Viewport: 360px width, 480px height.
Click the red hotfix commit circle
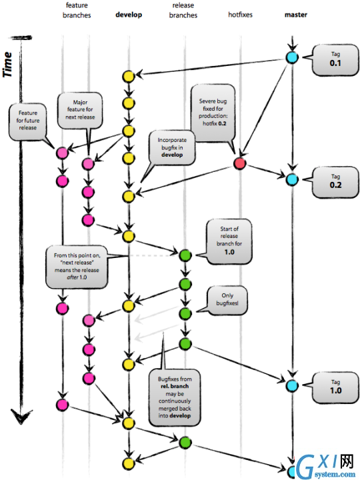(x=240, y=163)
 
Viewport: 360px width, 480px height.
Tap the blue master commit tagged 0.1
(x=292, y=57)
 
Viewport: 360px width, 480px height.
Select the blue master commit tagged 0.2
(x=292, y=179)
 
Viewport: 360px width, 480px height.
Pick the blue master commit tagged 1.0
(x=292, y=385)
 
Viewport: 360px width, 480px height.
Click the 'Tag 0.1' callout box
(x=335, y=59)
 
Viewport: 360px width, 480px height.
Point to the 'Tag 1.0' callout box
(x=335, y=387)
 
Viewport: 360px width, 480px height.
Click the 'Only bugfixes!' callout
(x=227, y=300)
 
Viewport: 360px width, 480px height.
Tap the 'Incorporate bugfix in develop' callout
(x=172, y=147)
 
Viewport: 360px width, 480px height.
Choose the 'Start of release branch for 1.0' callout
(x=229, y=241)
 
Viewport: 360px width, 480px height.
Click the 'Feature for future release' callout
(x=27, y=121)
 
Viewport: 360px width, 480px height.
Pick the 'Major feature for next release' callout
(x=80, y=110)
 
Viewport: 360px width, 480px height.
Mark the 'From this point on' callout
(x=77, y=266)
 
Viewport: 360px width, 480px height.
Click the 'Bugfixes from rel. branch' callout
(x=175, y=397)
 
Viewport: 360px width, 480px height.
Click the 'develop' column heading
(x=129, y=15)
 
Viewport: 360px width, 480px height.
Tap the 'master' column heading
(x=296, y=15)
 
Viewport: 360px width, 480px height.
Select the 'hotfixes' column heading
(x=240, y=15)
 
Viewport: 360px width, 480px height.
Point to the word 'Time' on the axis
(x=7, y=65)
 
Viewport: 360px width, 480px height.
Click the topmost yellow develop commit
(x=129, y=76)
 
